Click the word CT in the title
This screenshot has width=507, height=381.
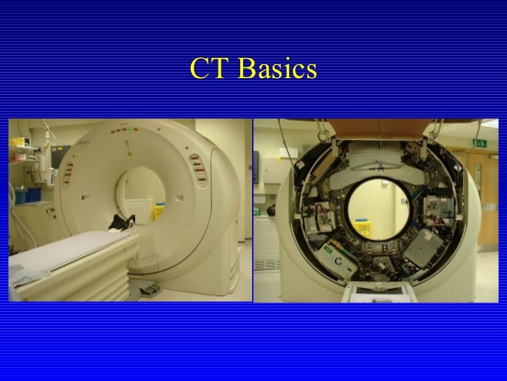click(209, 68)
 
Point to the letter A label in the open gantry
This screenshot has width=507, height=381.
click(381, 167)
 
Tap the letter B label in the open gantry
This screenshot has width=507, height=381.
click(384, 248)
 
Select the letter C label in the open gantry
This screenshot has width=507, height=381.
click(338, 260)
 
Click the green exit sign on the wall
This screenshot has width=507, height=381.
click(481, 142)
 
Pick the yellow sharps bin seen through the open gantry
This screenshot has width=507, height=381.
click(363, 227)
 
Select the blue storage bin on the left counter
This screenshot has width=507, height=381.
click(20, 197)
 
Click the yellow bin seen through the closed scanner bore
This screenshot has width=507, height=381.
click(158, 208)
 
